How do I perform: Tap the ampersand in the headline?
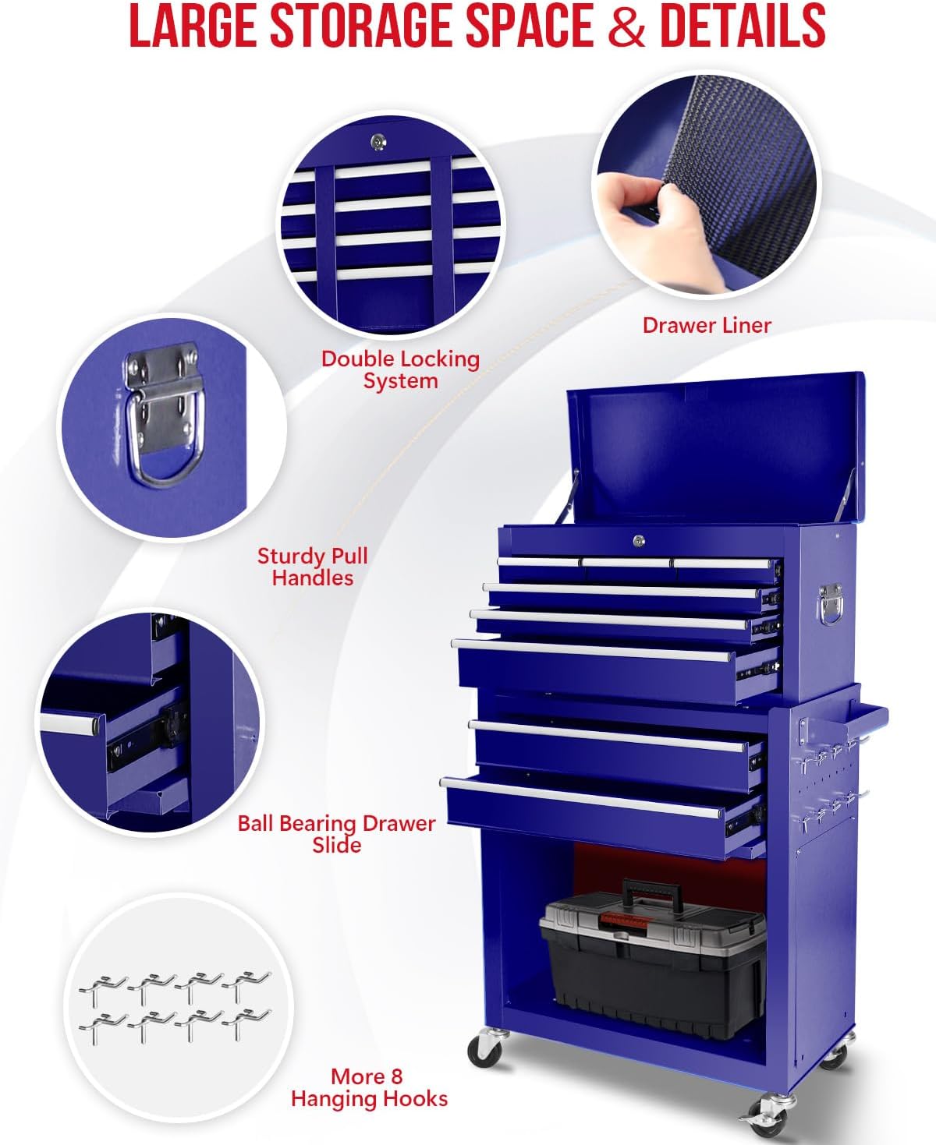[626, 27]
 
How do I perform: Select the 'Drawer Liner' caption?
[707, 326]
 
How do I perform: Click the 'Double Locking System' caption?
[400, 369]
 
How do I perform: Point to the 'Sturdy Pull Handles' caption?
[312, 567]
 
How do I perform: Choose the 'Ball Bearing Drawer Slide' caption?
[337, 834]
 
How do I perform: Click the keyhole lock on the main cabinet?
[639, 540]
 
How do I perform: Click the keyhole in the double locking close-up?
[378, 143]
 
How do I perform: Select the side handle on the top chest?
[831, 604]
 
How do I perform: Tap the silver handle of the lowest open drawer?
[581, 798]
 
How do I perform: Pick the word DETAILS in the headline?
[743, 26]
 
